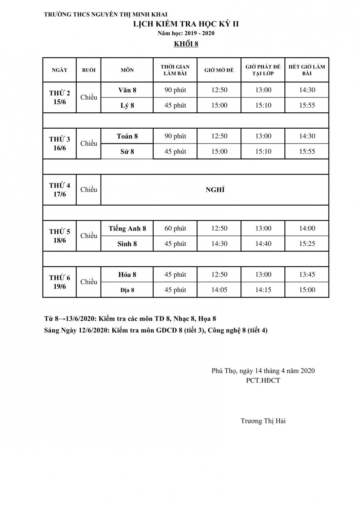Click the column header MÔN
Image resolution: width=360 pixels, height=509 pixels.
[x=127, y=70]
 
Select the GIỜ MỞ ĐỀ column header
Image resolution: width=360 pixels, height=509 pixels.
[x=219, y=70]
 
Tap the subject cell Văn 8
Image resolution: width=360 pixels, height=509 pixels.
[x=127, y=90]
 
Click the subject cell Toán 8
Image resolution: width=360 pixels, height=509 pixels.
[x=127, y=136]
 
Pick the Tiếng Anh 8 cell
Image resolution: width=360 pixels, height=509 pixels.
[x=127, y=229]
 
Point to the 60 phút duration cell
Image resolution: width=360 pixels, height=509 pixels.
[x=175, y=228]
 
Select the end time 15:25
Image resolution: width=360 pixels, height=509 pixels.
[x=307, y=244]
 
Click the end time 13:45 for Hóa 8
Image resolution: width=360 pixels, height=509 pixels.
[x=307, y=275]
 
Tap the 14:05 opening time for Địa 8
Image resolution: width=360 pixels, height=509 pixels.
[x=219, y=290]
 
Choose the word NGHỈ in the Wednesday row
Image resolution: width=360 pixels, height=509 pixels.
[x=215, y=190]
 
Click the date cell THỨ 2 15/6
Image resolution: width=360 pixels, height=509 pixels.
[x=60, y=97]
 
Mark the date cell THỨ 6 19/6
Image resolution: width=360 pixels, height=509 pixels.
[x=60, y=282]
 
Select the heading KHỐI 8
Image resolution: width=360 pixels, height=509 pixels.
[x=186, y=44]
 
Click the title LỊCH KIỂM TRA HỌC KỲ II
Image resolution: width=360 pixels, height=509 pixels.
[x=186, y=24]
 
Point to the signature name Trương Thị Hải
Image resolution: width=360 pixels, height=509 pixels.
[x=263, y=421]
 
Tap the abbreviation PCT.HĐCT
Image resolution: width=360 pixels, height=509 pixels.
[x=263, y=380]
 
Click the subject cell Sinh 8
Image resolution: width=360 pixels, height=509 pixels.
[x=127, y=244]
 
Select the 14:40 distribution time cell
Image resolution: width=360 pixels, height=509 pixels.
[x=263, y=244]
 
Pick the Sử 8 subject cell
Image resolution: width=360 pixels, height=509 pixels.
[x=127, y=152]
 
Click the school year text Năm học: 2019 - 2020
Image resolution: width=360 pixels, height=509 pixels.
[x=186, y=33]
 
